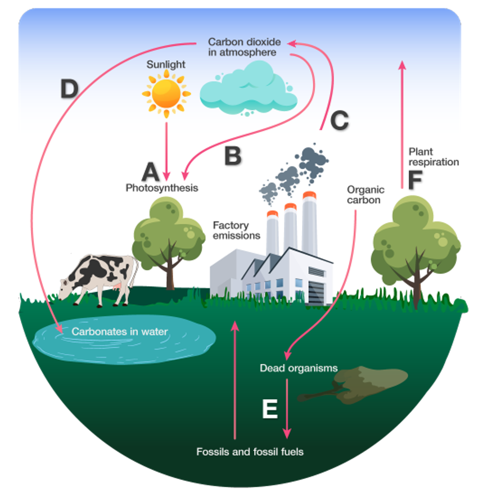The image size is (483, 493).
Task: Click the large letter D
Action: coord(69,88)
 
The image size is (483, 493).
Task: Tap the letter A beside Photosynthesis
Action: coord(151,171)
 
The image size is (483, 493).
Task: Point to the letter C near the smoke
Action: coord(340,120)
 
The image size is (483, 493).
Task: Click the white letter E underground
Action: coord(270,409)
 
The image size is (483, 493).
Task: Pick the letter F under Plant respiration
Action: coord(415,180)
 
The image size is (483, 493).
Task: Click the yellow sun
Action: coord(166,93)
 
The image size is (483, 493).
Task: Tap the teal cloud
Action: coord(249,88)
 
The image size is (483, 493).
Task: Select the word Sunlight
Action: coord(166,65)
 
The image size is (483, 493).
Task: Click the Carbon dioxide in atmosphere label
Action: coord(245,47)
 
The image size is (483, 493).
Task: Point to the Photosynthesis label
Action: coord(162,188)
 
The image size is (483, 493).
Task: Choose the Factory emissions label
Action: coord(237,230)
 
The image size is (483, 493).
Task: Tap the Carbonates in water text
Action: coord(120,332)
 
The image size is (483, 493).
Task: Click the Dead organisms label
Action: coord(299,368)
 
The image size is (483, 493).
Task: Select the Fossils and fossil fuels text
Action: coord(250,452)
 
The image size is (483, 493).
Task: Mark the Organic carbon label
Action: coord(365,195)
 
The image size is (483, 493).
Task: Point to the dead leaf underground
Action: coord(353,385)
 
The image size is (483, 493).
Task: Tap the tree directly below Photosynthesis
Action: coord(168,242)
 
